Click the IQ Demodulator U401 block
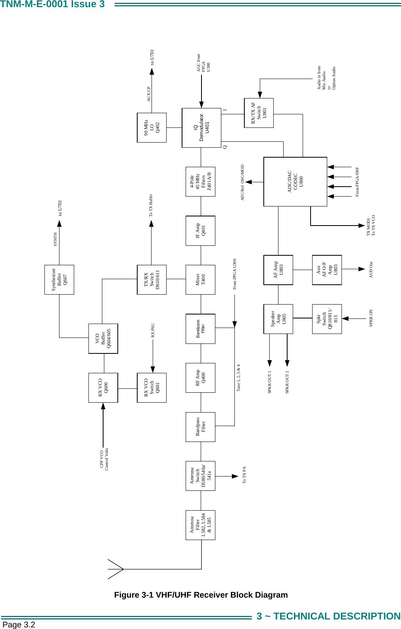201,128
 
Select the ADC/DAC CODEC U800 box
295,182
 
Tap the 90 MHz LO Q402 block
152,128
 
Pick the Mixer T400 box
200,280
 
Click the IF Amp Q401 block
200,231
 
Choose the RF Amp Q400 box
200,378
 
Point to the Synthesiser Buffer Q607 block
59,280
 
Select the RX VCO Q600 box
103,388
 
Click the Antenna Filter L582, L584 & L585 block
200,525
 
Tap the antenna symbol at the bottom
116,569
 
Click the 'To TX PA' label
244,475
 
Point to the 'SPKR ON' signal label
371,318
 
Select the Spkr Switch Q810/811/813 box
327,319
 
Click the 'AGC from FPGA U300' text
203,63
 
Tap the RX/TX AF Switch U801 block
259,113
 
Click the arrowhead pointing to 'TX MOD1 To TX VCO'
361,226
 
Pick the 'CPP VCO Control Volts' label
104,459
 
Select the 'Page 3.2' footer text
19,625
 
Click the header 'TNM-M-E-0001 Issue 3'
52,4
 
